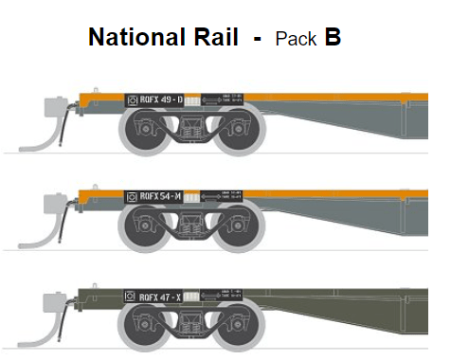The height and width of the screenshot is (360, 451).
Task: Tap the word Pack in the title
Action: point(295,39)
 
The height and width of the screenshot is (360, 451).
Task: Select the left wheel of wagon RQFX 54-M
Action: point(141,228)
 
